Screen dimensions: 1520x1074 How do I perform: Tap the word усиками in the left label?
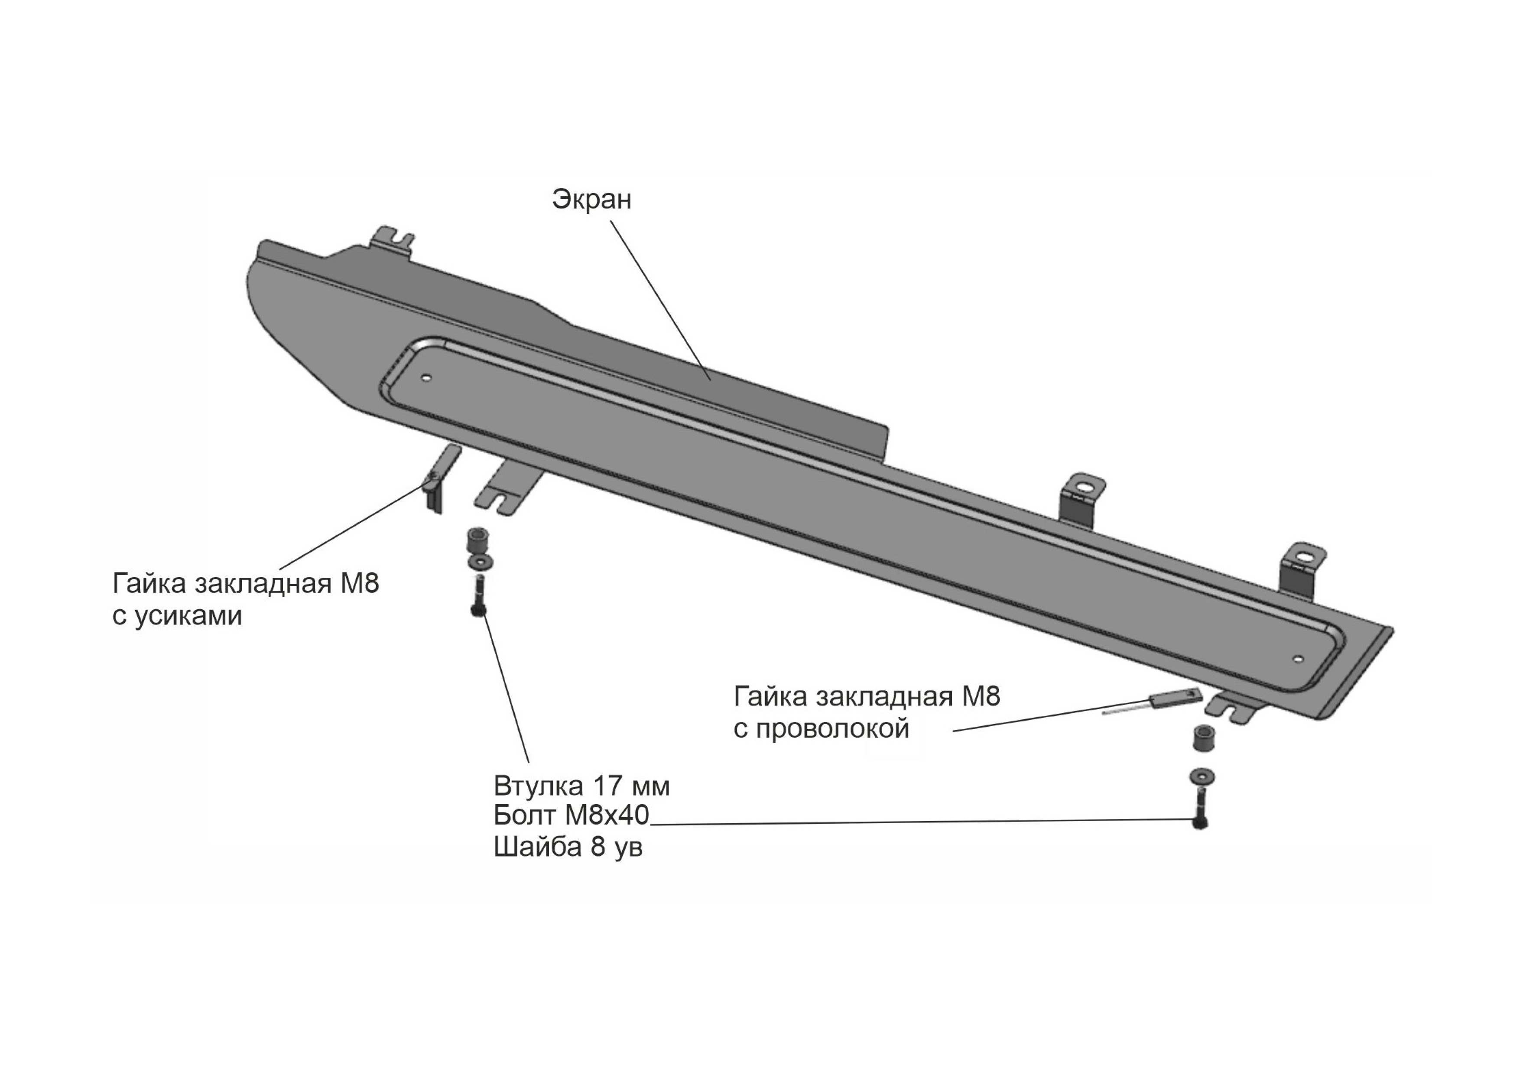tap(188, 617)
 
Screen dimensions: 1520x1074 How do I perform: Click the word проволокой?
tap(833, 729)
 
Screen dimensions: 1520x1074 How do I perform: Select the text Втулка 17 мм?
tap(581, 786)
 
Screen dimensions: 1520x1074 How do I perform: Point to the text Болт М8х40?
tap(572, 816)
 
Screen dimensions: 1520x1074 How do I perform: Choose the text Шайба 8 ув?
tap(568, 847)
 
